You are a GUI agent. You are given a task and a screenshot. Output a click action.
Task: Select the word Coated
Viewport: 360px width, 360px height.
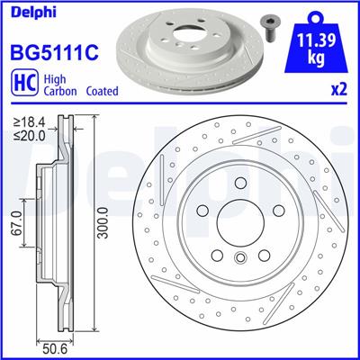pyautogui.click(x=104, y=91)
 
